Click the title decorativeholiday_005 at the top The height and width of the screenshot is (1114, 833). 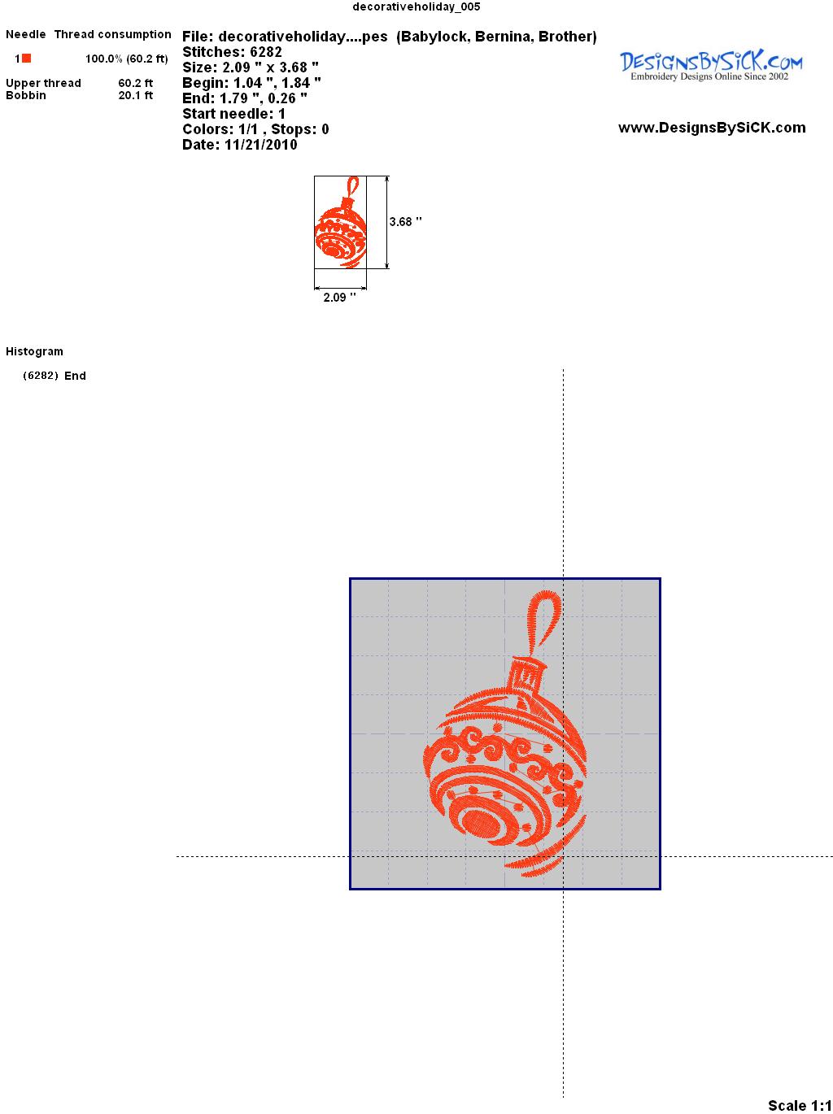416,7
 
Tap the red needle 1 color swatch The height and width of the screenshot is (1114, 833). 27,59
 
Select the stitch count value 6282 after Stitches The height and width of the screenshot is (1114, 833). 265,52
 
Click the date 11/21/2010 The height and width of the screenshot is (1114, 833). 260,145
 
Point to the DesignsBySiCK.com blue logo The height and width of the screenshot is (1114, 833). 711,66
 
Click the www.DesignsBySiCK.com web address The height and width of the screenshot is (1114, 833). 712,128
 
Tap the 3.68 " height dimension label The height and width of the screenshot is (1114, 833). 406,222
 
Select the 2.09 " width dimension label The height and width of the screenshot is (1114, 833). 339,298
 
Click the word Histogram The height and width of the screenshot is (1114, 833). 34,351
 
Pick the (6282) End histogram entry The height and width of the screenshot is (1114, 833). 55,376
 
